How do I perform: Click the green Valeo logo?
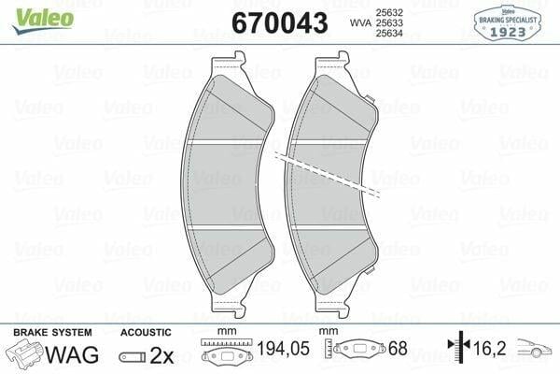point(43,20)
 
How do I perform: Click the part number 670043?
point(280,22)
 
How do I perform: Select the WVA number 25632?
point(389,12)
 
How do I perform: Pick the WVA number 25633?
point(389,22)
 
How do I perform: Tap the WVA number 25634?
point(389,34)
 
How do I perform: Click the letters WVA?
point(360,23)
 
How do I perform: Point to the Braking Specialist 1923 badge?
point(508,22)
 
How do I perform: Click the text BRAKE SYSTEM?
point(52,333)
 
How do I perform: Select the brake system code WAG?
point(72,354)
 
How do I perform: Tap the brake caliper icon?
point(23,353)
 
